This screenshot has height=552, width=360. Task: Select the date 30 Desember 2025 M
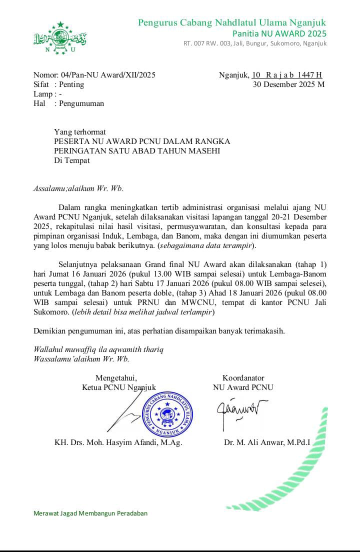(289, 84)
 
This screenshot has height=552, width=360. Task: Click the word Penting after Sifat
(71, 84)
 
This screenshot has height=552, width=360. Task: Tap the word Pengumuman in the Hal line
(81, 103)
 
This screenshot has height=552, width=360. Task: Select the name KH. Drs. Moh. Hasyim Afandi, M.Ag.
(118, 442)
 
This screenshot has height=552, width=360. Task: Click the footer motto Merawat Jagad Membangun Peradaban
(90, 513)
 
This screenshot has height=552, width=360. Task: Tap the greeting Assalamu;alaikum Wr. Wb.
(78, 188)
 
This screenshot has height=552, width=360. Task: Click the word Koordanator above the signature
(243, 378)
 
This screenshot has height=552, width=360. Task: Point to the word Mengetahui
(116, 378)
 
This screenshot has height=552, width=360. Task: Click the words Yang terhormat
(80, 132)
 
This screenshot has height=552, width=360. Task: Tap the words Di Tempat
(72, 160)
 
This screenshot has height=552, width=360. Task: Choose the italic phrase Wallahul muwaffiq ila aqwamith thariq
(98, 349)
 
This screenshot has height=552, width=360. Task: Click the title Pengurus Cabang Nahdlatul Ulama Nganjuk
(231, 22)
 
